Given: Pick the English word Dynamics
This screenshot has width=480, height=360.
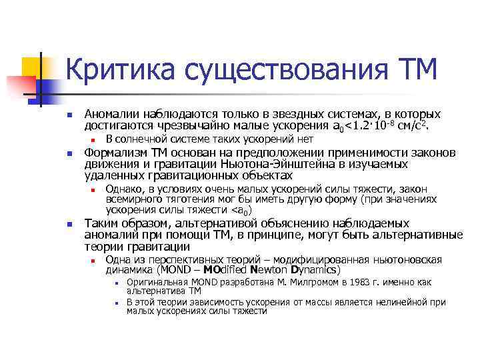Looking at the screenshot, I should click(315, 271).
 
